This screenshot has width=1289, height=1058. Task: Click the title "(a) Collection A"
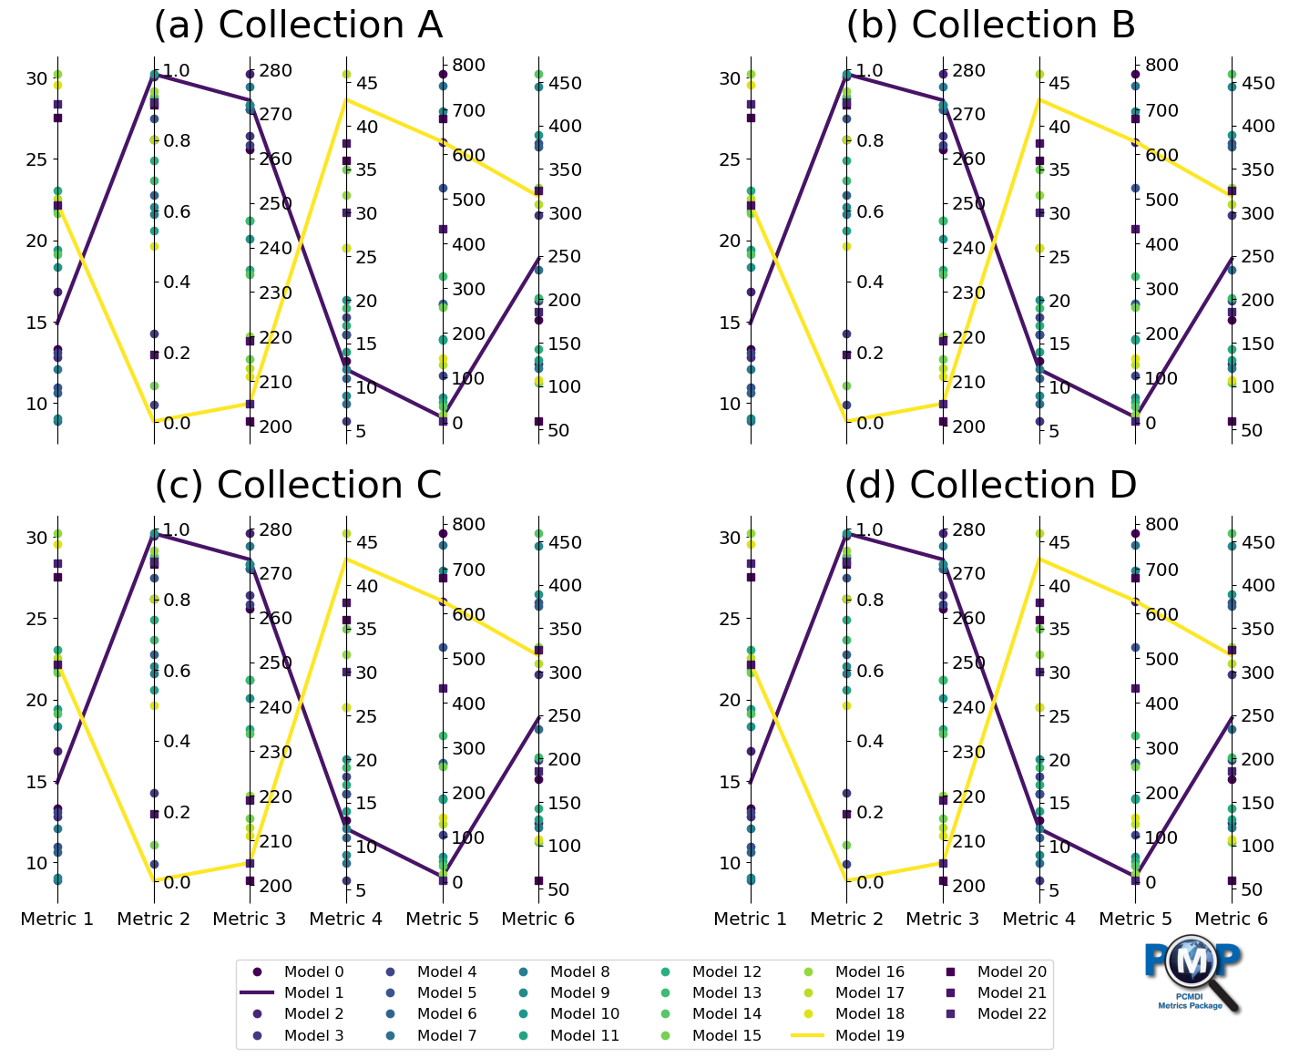[298, 25]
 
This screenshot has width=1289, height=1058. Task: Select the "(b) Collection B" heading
[990, 25]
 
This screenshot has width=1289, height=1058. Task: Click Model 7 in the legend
[446, 1035]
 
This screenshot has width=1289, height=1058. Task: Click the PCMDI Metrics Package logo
[1192, 973]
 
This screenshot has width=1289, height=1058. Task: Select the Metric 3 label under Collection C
[250, 919]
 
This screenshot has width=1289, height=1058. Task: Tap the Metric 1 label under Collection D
[750, 919]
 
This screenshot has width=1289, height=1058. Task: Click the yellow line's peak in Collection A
[346, 98]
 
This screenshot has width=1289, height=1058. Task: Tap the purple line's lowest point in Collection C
[443, 878]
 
